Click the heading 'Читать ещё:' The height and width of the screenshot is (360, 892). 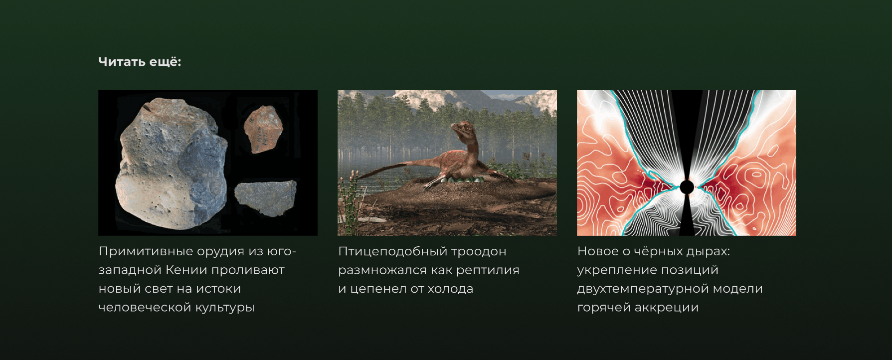[140, 62]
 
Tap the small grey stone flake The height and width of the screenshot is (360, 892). [265, 198]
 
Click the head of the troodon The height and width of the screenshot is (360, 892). [460, 129]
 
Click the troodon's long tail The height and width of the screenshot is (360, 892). [384, 170]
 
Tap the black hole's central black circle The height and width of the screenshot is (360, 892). [687, 187]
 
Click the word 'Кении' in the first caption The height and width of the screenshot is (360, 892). [186, 270]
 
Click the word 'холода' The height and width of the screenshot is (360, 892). [450, 289]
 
